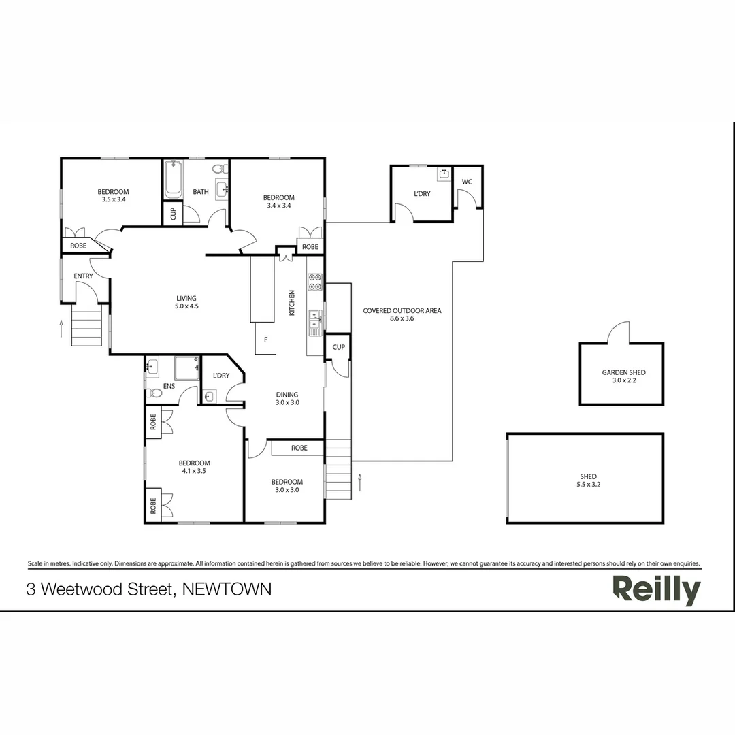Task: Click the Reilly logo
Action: click(x=656, y=590)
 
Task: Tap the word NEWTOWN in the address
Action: click(x=228, y=589)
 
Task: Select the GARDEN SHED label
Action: click(x=623, y=372)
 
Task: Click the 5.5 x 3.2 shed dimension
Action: click(x=588, y=485)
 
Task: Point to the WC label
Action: click(x=467, y=182)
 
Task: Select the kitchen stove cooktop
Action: click(x=314, y=282)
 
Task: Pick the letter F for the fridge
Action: click(x=265, y=339)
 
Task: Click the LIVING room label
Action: click(x=186, y=298)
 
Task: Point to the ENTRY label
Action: click(x=83, y=276)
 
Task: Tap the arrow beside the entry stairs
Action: click(x=61, y=328)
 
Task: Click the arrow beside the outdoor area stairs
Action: click(x=359, y=483)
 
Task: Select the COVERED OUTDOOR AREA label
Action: click(x=402, y=310)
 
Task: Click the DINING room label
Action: click(x=287, y=395)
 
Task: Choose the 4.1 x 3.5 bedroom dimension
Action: click(x=194, y=471)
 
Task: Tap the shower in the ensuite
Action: click(x=186, y=368)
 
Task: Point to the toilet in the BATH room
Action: click(x=218, y=169)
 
